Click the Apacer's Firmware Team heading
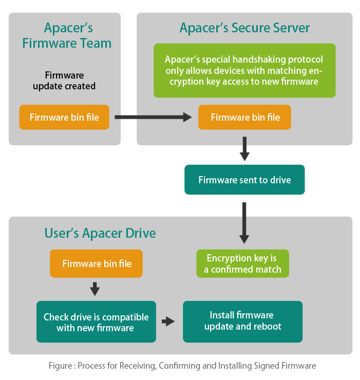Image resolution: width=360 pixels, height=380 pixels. (x=67, y=35)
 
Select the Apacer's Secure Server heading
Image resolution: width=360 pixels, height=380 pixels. (x=244, y=28)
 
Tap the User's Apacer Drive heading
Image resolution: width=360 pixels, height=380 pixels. (x=100, y=234)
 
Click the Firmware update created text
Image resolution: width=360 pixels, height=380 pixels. (x=64, y=81)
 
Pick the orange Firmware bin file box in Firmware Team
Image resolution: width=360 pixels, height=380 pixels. (x=64, y=118)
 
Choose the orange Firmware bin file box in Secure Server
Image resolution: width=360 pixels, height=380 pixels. (x=245, y=118)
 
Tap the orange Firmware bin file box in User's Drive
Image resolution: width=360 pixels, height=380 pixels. (x=97, y=264)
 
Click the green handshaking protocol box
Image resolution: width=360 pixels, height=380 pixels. (x=244, y=70)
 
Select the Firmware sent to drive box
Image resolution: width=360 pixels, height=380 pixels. (x=244, y=180)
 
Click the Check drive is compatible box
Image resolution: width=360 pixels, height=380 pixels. (x=96, y=322)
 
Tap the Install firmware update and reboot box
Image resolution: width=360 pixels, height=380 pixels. (x=242, y=321)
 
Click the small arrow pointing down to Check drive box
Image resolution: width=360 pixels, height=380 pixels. (x=94, y=289)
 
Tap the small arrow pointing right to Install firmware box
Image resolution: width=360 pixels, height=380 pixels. (x=168, y=322)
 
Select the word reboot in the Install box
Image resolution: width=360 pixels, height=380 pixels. (x=267, y=327)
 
